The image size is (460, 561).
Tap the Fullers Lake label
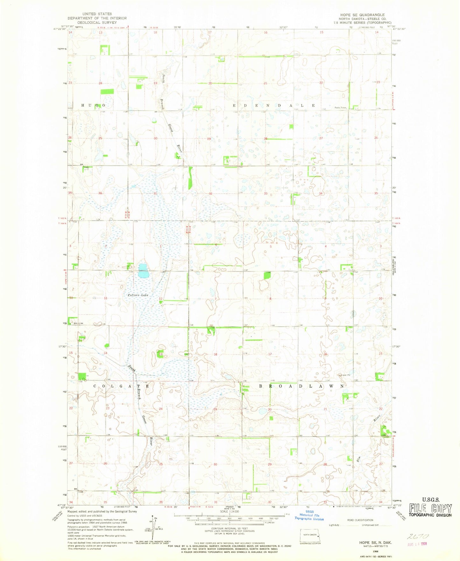click(138, 295)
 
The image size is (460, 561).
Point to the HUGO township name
click(93, 105)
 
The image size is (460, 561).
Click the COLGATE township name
click(122, 386)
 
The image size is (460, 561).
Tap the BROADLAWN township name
click(301, 386)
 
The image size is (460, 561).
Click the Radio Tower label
click(340, 107)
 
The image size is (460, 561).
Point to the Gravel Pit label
click(345, 375)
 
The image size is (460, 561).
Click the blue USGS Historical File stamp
click(309, 515)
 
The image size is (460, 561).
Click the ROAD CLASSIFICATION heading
click(360, 520)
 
